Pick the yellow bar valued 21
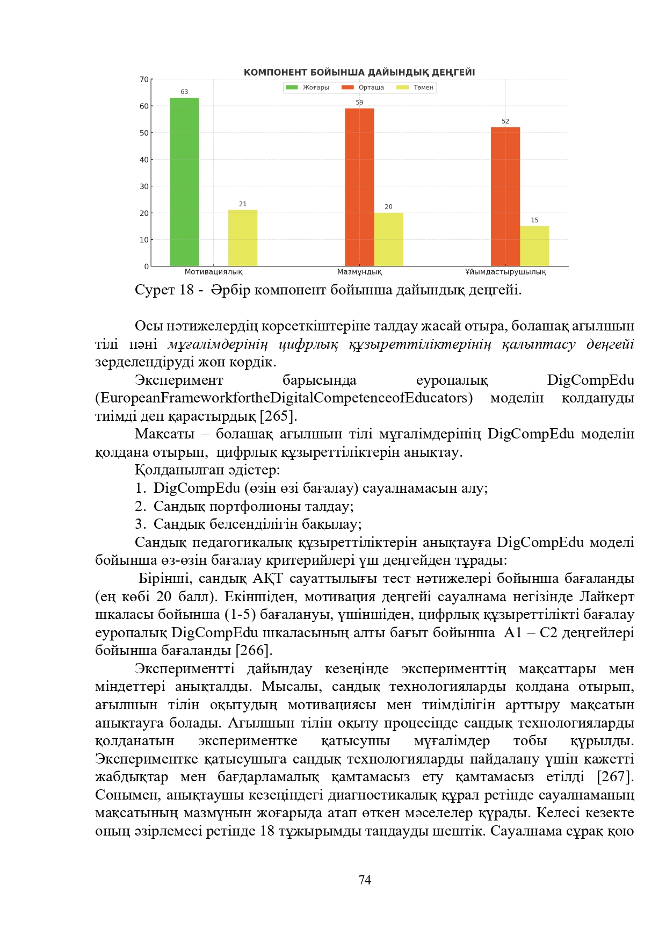point(243,238)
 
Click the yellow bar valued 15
point(534,246)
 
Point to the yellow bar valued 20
point(388,239)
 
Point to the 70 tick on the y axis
point(144,80)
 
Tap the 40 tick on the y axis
point(144,160)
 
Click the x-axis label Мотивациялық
point(213,272)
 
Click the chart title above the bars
point(359,73)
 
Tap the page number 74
point(365,880)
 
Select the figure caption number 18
point(186,290)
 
